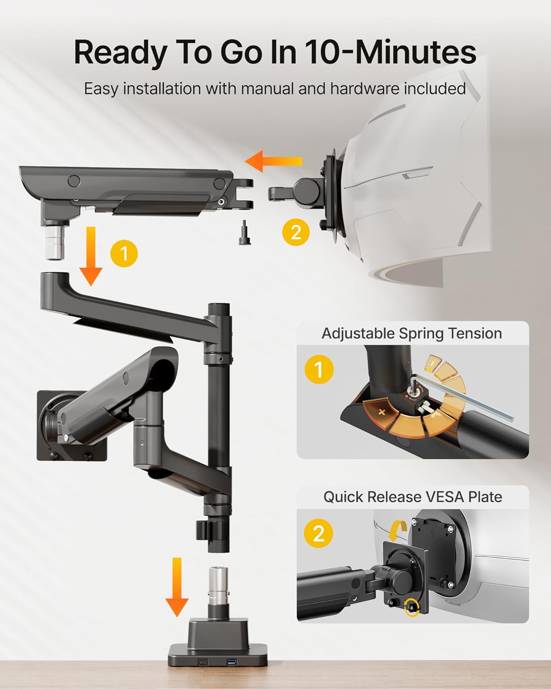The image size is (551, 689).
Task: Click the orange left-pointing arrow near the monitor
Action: tap(273, 161)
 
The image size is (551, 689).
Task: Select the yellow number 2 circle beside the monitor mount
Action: tap(295, 232)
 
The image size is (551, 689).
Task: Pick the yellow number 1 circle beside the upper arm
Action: tap(124, 254)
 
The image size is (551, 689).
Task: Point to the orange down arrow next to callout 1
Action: tap(91, 256)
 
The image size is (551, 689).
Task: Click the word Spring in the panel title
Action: tap(421, 334)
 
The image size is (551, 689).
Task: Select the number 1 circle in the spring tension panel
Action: tap(319, 369)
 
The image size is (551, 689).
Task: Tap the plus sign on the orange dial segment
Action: tap(381, 412)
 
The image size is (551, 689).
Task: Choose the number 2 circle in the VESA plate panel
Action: tap(318, 533)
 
